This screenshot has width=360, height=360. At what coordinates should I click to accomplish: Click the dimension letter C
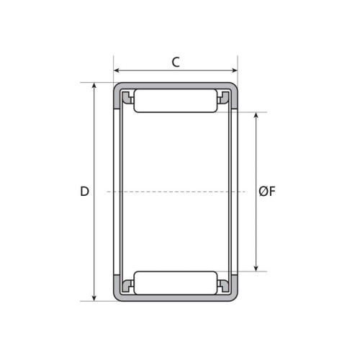tap(176, 62)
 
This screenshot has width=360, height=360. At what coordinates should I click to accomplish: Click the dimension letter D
tap(84, 192)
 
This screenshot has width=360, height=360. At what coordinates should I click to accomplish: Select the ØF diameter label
tap(267, 192)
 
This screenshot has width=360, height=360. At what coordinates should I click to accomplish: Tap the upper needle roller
tap(176, 101)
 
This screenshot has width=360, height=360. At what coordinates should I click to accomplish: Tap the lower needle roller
tap(176, 283)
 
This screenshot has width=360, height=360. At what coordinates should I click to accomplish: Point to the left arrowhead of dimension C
tap(117, 71)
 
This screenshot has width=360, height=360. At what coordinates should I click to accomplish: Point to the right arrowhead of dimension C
tap(234, 71)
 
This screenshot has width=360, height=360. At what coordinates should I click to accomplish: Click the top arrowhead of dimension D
tap(94, 86)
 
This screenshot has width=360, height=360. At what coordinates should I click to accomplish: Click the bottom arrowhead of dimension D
tap(94, 298)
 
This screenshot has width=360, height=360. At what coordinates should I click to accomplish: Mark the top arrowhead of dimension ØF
tap(256, 115)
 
